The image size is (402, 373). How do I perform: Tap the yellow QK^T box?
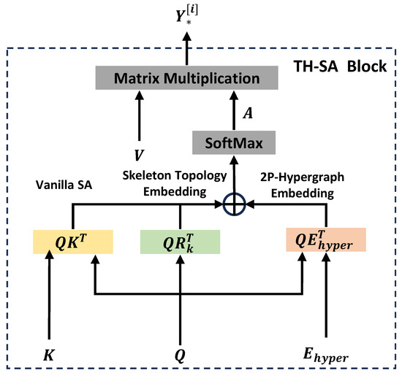point(72,240)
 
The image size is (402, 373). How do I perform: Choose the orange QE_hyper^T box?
point(325,240)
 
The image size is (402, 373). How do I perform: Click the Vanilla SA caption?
point(64,186)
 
